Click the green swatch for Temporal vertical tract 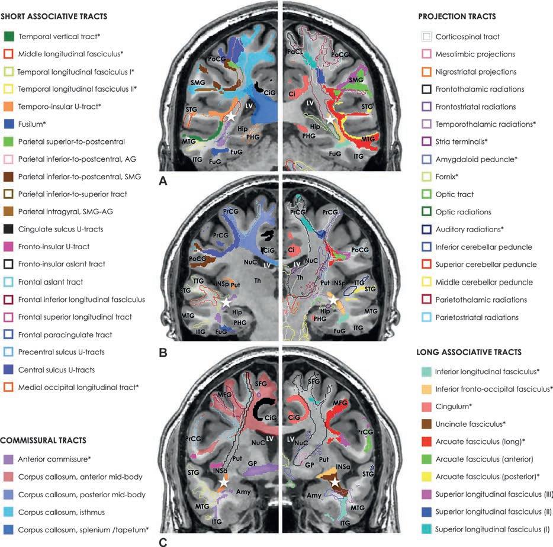coord(8,36)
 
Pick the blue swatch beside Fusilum coord(8,124)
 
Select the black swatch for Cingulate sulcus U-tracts coord(8,229)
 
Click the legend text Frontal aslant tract coord(50,282)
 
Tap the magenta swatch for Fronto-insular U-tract coord(8,247)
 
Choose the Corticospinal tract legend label coord(467,37)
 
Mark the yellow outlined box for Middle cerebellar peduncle coord(425,282)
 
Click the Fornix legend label coord(447,177)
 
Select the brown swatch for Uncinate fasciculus coord(425,424)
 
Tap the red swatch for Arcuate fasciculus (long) coord(425,442)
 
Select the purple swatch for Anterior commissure coord(8,459)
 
